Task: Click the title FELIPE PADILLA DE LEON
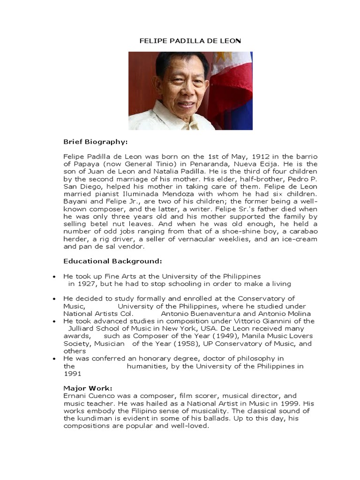[190, 41]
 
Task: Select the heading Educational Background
[112, 261]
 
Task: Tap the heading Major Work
[88, 388]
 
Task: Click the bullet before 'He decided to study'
[55, 299]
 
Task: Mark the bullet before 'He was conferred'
[55, 359]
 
